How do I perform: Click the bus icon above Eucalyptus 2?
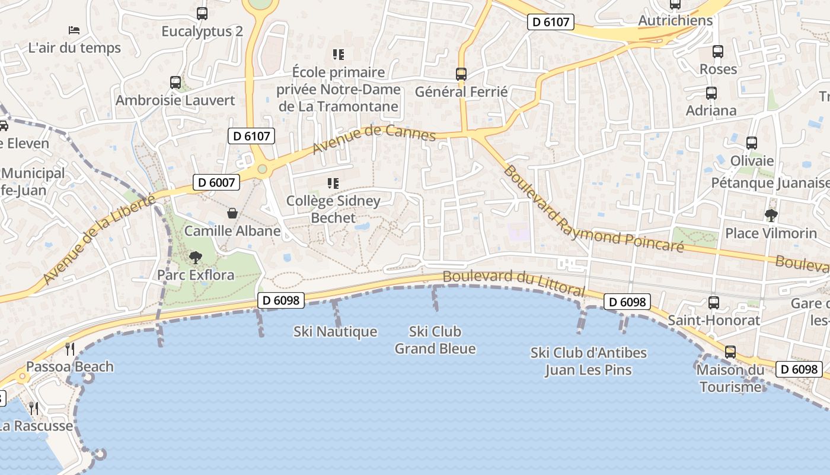pos(202,13)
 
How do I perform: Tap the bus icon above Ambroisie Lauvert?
pos(175,83)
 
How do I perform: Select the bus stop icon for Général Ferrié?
pos(461,74)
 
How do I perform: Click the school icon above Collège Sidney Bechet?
pos(333,183)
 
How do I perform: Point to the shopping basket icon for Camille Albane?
pos(232,213)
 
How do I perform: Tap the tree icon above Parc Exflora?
pos(195,258)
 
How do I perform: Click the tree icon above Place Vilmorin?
pos(771,215)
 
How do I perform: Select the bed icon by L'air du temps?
pos(74,30)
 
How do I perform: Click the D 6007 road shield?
pos(216,182)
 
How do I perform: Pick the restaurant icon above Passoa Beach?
pos(70,349)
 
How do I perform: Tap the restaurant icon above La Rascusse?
pos(34,408)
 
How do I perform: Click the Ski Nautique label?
pos(335,331)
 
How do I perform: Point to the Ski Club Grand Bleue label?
pos(435,340)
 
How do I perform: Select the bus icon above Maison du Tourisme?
pos(730,352)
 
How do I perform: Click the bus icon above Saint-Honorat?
pos(714,303)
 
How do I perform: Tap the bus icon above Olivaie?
pos(752,143)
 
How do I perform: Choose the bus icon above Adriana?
pos(711,93)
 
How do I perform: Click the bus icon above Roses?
pos(718,52)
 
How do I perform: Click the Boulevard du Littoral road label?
pos(513,283)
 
